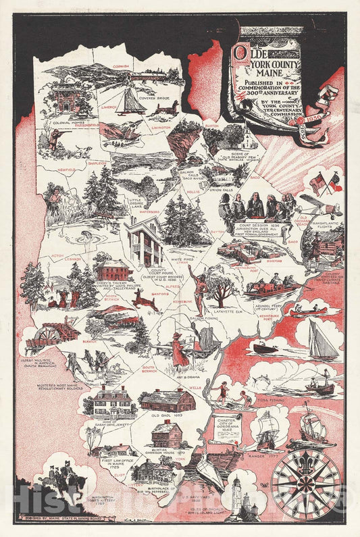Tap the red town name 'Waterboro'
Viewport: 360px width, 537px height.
point(149,211)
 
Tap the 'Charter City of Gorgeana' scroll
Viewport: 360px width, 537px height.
point(226,428)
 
